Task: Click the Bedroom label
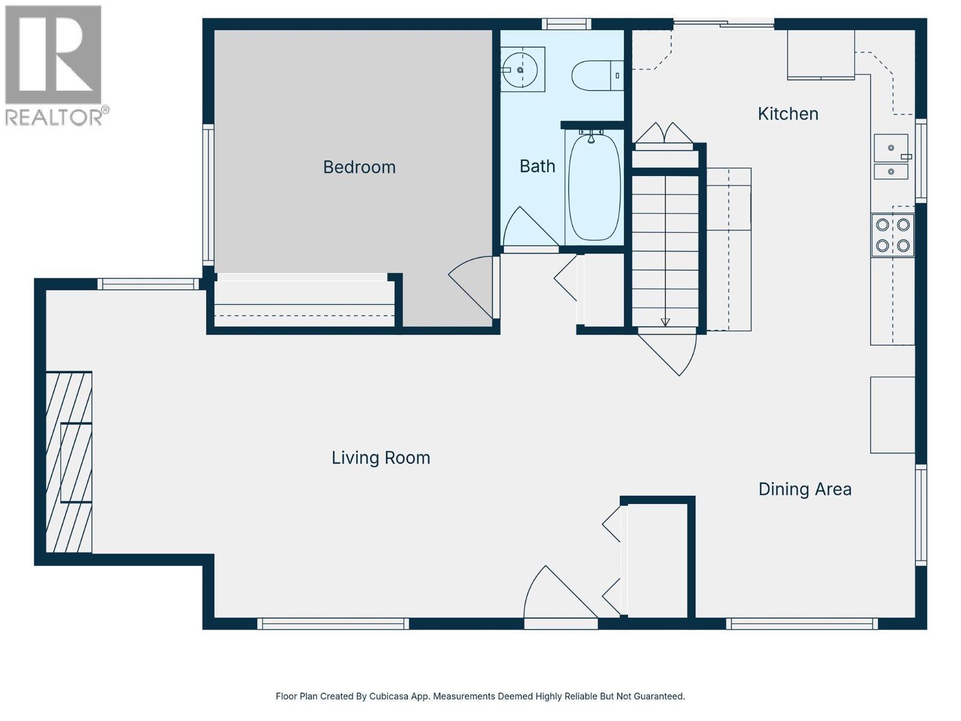pyautogui.click(x=359, y=167)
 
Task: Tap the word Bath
pyautogui.click(x=537, y=166)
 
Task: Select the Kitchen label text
pyautogui.click(x=787, y=114)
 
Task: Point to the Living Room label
pyautogui.click(x=381, y=458)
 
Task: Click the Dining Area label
pyautogui.click(x=804, y=489)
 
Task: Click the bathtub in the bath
pyautogui.click(x=594, y=187)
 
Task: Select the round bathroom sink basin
pyautogui.click(x=520, y=70)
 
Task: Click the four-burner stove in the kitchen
pyautogui.click(x=893, y=235)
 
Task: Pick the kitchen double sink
pyautogui.click(x=891, y=157)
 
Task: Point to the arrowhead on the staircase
pyautogui.click(x=665, y=322)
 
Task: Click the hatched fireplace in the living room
pyautogui.click(x=69, y=461)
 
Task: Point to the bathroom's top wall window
pyautogui.click(x=566, y=24)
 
